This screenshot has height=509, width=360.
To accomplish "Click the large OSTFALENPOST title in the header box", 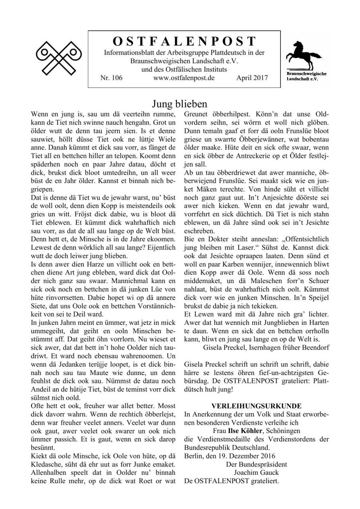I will [x=184, y=41].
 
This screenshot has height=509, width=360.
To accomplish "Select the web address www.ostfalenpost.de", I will [x=184, y=78].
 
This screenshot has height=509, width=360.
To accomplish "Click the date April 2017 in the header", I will [x=252, y=78].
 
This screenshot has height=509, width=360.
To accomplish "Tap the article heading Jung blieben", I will [x=180, y=104].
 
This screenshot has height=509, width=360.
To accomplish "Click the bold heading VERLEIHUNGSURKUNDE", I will [x=257, y=406].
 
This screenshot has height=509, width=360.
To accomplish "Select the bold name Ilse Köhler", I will [x=244, y=431].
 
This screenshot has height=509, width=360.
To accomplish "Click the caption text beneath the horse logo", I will [x=307, y=76].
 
